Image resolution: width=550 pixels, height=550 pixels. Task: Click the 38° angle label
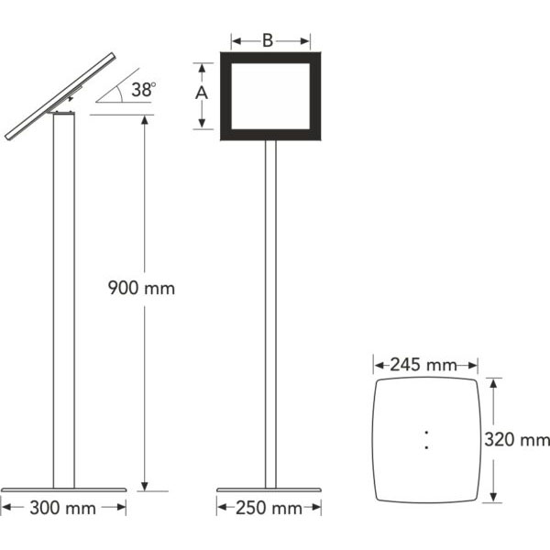144,90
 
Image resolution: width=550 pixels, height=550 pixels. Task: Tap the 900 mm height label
141,289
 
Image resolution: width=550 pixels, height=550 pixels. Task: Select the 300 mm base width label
62,508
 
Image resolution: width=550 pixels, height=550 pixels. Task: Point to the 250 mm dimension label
269,508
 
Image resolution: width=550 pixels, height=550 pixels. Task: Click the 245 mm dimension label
423,365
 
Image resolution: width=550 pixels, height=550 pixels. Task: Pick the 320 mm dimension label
517,439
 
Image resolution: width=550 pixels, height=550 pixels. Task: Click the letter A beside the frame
202,93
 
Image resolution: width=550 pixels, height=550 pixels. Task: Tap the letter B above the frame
268,40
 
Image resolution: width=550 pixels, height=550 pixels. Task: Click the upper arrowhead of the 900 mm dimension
145,120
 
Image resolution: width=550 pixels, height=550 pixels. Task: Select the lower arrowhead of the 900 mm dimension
145,486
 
